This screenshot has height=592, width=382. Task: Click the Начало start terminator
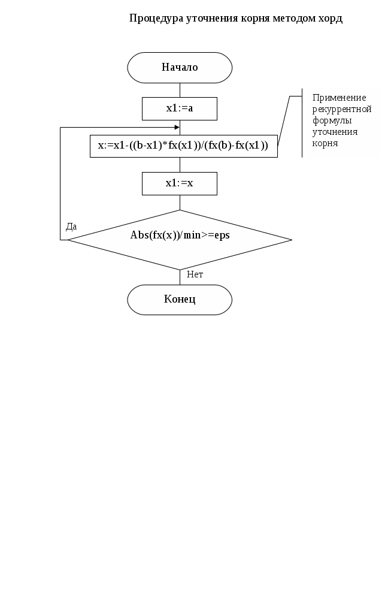pyautogui.click(x=180, y=67)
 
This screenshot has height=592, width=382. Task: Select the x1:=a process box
pyautogui.click(x=180, y=108)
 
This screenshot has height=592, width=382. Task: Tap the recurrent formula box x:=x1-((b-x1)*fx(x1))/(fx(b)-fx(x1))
pyautogui.click(x=183, y=146)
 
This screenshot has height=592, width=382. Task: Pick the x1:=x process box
pyautogui.click(x=180, y=183)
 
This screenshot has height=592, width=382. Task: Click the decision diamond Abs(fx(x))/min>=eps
pyautogui.click(x=180, y=240)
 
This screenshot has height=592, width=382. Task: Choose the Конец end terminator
pyautogui.click(x=180, y=299)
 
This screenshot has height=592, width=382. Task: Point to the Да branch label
pyautogui.click(x=71, y=226)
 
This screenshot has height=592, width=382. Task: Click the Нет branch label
pyautogui.click(x=195, y=274)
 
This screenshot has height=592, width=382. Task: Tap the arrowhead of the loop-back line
pyautogui.click(x=177, y=127)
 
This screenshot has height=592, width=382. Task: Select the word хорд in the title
pyautogui.click(x=331, y=19)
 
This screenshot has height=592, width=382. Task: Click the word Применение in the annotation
pyautogui.click(x=339, y=98)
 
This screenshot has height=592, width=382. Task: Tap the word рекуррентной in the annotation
pyautogui.click(x=342, y=109)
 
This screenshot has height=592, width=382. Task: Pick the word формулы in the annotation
pyautogui.click(x=332, y=120)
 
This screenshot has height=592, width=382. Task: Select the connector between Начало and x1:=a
pyautogui.click(x=180, y=89)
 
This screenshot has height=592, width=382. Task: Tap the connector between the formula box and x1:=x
pyautogui.click(x=180, y=165)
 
